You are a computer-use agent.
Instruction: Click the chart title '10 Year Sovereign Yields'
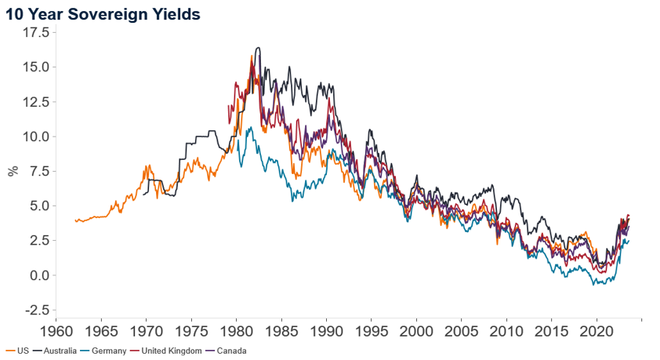[x=103, y=13]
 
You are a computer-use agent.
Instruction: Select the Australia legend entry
[x=56, y=351]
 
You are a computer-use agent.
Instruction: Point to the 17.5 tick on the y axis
[x=34, y=32]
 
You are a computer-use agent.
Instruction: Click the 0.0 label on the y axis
[x=38, y=275]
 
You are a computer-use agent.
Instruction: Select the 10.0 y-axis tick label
[x=34, y=136]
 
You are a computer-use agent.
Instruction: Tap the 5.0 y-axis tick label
[x=38, y=205]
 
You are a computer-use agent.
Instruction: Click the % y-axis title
[x=13, y=171]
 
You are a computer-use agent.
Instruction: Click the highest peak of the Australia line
[x=258, y=48]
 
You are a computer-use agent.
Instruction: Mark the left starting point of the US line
[x=75, y=220]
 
